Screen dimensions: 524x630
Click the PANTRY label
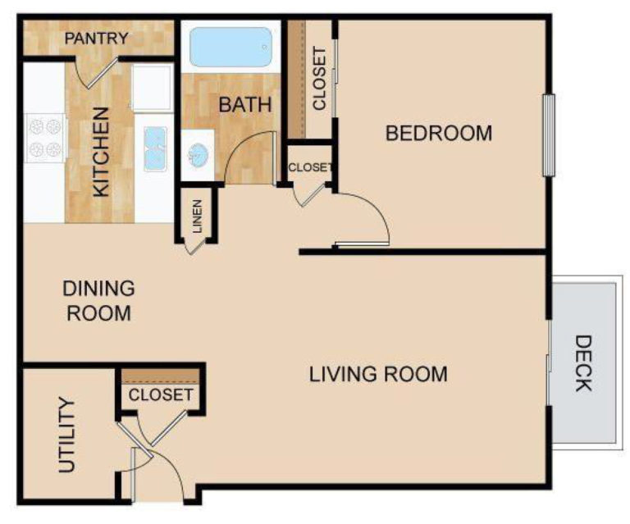pos(97,38)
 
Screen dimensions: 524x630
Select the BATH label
pos(240,105)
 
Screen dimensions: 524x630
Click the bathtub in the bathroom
pos(231,48)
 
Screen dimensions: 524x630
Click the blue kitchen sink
pos(156,149)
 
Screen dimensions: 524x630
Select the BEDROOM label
pos(439,133)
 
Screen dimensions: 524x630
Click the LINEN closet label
pos(198,215)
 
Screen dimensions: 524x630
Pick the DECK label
pos(582,362)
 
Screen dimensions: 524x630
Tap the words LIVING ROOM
pos(378,375)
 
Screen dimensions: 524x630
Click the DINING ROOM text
pos(98,300)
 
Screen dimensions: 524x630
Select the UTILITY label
pos(67,435)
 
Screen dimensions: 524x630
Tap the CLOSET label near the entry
pos(161,394)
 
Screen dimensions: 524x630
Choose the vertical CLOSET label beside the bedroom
pos(319,79)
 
